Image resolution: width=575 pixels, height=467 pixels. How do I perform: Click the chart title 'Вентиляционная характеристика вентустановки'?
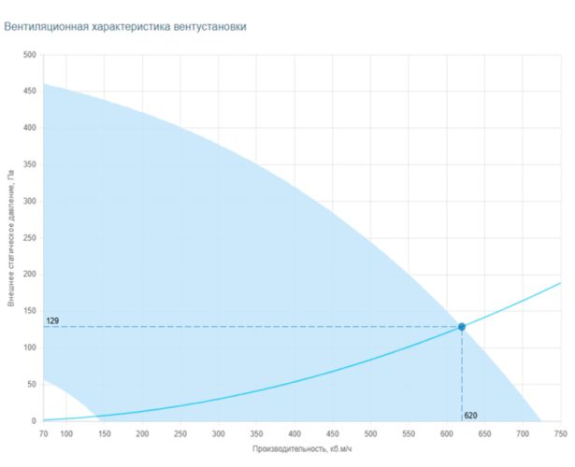click(x=125, y=27)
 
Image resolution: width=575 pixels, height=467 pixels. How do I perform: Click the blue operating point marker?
click(x=462, y=327)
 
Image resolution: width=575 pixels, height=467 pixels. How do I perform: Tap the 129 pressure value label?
click(x=52, y=321)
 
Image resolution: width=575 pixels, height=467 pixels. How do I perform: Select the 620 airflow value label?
click(x=470, y=416)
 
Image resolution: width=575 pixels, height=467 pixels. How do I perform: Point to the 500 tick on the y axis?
click(x=30, y=55)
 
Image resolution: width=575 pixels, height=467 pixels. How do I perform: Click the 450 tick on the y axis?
click(x=30, y=91)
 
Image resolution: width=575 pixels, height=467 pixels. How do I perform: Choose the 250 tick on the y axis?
click(x=30, y=238)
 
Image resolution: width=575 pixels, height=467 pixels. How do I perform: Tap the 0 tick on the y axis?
click(x=34, y=421)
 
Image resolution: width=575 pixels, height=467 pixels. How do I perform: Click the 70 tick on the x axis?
click(x=43, y=434)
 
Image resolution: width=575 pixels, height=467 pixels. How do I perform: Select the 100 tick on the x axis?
click(x=66, y=434)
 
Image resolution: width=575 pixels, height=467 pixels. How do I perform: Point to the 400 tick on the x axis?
click(x=295, y=434)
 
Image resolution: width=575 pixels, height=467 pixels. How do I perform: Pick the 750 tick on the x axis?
click(x=561, y=434)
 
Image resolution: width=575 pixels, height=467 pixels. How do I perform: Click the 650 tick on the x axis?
click(x=485, y=434)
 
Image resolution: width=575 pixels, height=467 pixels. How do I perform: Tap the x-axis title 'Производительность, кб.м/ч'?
click(x=302, y=448)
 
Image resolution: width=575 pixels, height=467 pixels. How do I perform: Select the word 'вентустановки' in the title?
click(x=210, y=27)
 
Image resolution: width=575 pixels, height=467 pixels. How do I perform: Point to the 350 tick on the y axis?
click(x=30, y=164)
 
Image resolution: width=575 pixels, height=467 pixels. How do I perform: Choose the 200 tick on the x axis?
click(x=142, y=434)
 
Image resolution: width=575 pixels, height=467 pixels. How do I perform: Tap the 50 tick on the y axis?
click(x=32, y=384)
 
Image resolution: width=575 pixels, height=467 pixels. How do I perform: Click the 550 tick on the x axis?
click(x=409, y=434)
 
